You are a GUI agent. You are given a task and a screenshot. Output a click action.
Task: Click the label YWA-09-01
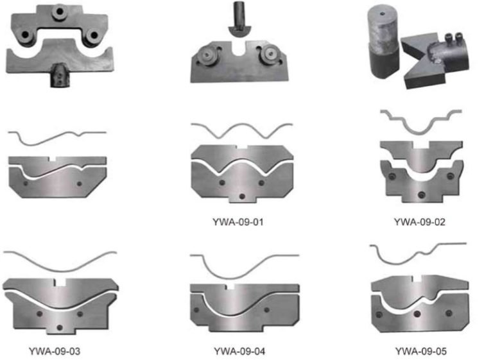coord(238,222)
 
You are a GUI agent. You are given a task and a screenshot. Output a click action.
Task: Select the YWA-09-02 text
coord(419,222)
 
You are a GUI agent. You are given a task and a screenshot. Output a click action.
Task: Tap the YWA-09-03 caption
coord(55,351)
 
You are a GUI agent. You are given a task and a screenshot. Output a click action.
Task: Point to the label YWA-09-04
coord(239,351)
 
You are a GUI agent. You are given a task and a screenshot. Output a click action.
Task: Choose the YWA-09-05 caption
coord(420,351)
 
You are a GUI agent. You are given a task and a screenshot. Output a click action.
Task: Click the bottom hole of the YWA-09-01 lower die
coord(242,196)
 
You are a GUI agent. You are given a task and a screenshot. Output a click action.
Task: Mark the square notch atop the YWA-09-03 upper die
coord(60,282)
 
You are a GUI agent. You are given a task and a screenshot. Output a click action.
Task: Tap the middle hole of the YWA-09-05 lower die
coord(417,314)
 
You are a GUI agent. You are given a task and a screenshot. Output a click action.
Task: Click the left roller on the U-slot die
coord(207,55)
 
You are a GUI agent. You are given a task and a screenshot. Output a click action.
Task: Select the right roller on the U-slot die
coord(269,54)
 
